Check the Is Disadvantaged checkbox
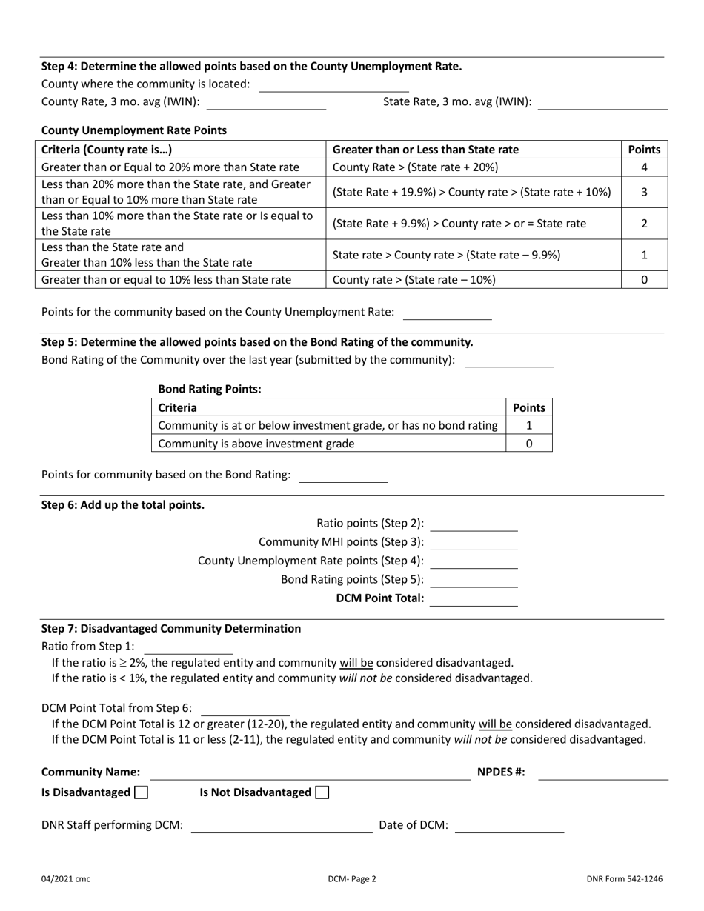tap(141, 792)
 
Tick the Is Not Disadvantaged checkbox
tap(322, 792)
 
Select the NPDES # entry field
tap(603, 772)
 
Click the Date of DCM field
tap(509, 826)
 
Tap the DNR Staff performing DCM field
tap(282, 826)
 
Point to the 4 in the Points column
tap(644, 167)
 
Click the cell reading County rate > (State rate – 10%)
tap(414, 280)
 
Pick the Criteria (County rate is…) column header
tap(107, 149)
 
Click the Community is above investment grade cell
tap(256, 444)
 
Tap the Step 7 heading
tap(171, 628)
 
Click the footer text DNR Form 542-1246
tap(624, 879)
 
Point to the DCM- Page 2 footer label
tap(352, 879)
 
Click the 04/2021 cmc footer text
tap(66, 879)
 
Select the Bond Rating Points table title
tap(210, 389)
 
